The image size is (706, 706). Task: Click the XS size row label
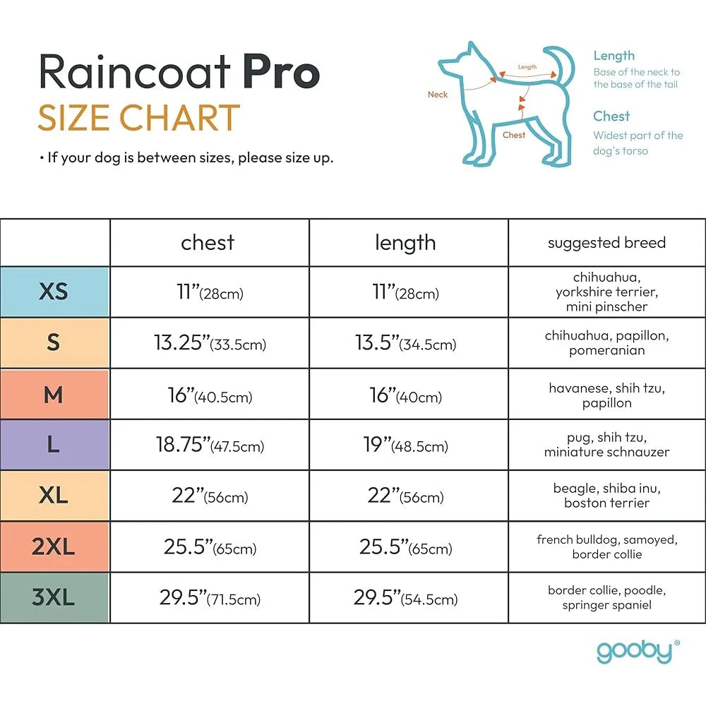(54, 292)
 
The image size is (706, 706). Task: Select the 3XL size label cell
(54, 598)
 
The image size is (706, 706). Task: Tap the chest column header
(208, 243)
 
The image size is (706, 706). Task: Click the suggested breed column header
(606, 243)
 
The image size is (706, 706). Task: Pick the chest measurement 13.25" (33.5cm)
(209, 343)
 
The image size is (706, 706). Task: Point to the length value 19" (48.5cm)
(409, 445)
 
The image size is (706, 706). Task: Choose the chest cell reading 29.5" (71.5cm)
(209, 598)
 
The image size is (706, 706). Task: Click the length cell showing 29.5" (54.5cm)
(406, 598)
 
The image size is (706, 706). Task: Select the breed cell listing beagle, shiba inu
(606, 496)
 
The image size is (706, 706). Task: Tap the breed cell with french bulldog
(606, 547)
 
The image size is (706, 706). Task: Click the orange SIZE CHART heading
(139, 119)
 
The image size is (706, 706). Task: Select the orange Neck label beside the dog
(438, 95)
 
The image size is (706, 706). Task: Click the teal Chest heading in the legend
(611, 116)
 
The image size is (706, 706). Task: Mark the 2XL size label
(54, 547)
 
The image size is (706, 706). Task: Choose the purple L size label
(54, 445)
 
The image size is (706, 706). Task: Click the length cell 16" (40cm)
(406, 395)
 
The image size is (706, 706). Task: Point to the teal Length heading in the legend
(614, 56)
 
